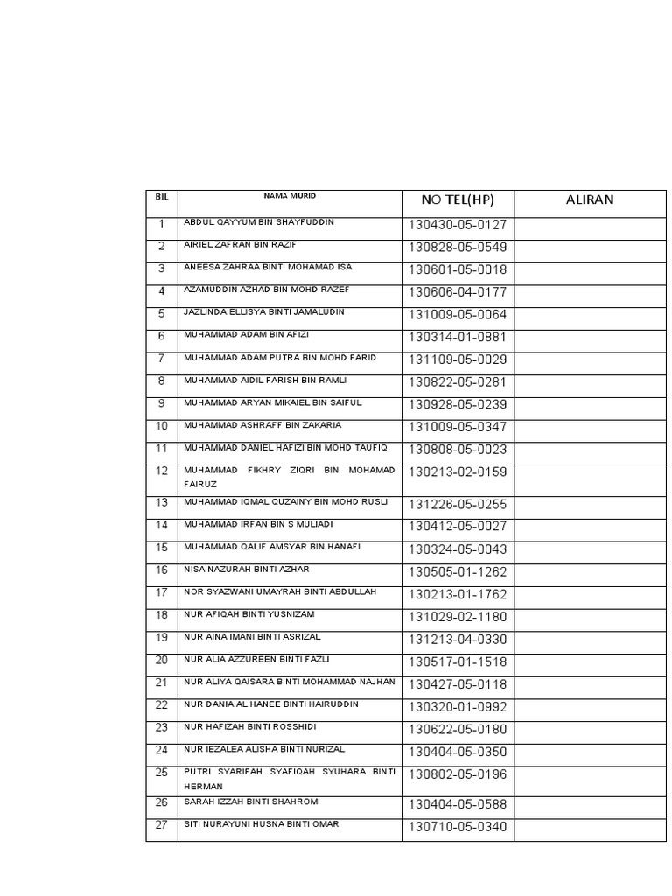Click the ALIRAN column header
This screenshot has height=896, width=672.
click(590, 199)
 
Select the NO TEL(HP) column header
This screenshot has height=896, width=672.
click(458, 200)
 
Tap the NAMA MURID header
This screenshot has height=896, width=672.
click(289, 196)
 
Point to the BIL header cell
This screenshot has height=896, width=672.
click(162, 196)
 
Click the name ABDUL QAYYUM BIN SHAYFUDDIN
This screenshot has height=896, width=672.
click(259, 222)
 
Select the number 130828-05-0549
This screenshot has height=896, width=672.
click(457, 248)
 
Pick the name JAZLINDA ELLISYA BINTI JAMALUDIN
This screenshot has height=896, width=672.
click(264, 312)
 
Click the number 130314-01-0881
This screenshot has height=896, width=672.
click(457, 338)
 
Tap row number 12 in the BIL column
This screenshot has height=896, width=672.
click(162, 472)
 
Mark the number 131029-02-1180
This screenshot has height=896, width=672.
click(457, 618)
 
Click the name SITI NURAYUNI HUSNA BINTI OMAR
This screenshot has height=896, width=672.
click(262, 824)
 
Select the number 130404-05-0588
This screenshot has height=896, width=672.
click(457, 805)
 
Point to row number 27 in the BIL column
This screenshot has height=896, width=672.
click(162, 825)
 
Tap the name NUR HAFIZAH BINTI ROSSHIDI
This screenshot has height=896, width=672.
click(250, 727)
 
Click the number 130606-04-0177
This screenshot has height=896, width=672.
click(457, 292)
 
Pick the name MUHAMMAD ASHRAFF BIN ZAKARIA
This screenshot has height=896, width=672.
click(262, 425)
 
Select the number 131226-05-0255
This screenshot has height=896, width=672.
click(457, 505)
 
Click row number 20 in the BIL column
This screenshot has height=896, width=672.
click(162, 660)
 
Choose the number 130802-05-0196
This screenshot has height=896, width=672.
click(457, 774)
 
